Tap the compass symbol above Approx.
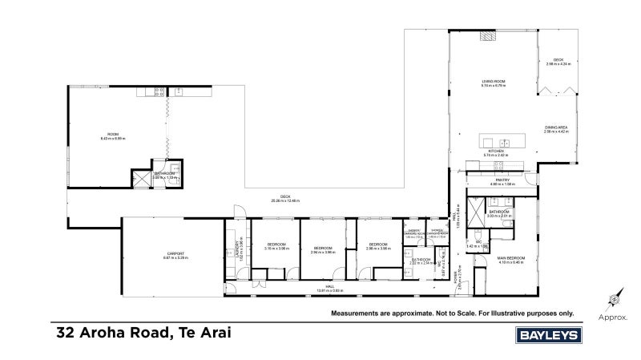tap(613, 301)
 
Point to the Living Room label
tap(492, 82)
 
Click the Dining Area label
tap(556, 127)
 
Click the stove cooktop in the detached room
tap(159, 92)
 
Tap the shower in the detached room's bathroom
tap(140, 177)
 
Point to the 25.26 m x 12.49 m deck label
tap(285, 198)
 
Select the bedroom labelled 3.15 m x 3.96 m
tap(276, 245)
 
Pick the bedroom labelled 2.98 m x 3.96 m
tap(377, 245)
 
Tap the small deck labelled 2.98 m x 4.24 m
tap(558, 61)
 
